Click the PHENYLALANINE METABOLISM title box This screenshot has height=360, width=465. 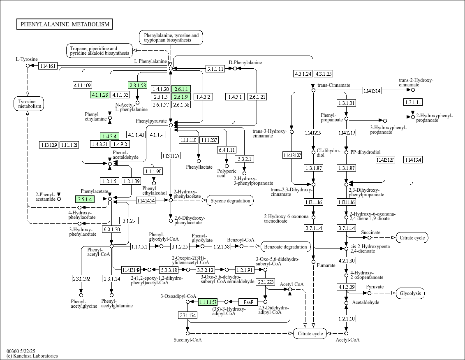pos(65,24)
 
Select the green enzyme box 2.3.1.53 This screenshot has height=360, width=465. pos(137,86)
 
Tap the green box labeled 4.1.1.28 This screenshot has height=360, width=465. pos(99,95)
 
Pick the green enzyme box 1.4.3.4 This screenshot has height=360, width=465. pos(109,136)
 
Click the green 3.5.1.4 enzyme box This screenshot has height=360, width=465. pos(85,199)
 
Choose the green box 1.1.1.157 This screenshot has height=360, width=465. pos(208,302)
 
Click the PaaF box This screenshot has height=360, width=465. pos(248,302)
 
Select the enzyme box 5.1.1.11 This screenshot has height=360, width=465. pos(215,69)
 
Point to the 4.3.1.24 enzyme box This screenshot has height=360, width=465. pos(303,74)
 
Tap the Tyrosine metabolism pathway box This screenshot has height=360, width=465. pos(27,104)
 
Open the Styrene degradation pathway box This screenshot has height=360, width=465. pos(230,201)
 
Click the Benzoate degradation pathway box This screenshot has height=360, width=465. pos(286,247)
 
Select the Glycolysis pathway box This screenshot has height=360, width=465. pos(410,293)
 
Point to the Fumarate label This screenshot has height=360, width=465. pos(326,265)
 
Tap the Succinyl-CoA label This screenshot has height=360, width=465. pos(187,340)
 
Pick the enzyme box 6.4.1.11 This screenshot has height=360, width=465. pos(227,150)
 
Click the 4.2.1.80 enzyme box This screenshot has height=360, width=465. pos(346,260)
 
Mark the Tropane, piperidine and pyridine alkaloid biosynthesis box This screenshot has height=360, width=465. pos(99,51)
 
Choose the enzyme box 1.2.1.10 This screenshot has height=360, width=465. pos(346,318)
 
